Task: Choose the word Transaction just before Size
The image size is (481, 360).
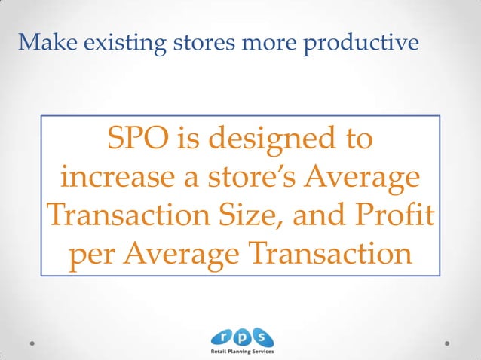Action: pyautogui.click(x=135, y=215)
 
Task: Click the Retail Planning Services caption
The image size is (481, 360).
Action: pyautogui.click(x=241, y=352)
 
